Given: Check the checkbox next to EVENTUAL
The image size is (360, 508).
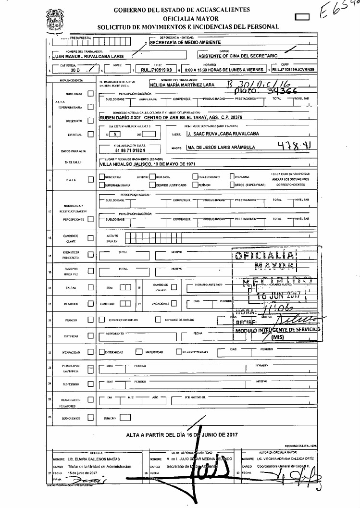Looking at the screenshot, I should pyautogui.click(x=90, y=135).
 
